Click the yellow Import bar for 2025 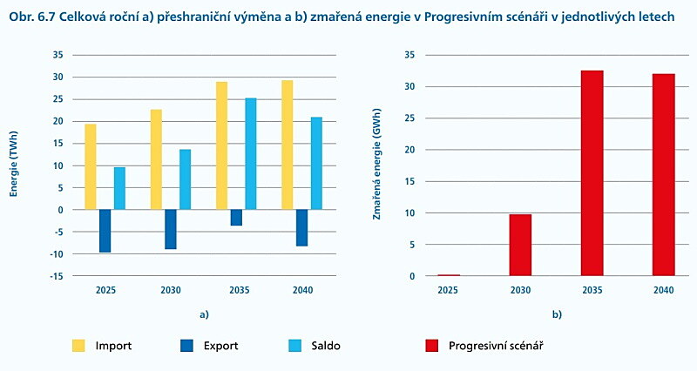91,166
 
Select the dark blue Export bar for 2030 171,229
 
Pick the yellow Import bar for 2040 288,145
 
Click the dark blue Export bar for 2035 236,218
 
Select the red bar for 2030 520,245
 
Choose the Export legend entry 209,345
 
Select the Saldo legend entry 313,345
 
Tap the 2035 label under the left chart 236,289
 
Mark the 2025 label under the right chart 447,289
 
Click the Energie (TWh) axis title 15,165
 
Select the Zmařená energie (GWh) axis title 376,165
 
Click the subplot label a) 204,313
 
